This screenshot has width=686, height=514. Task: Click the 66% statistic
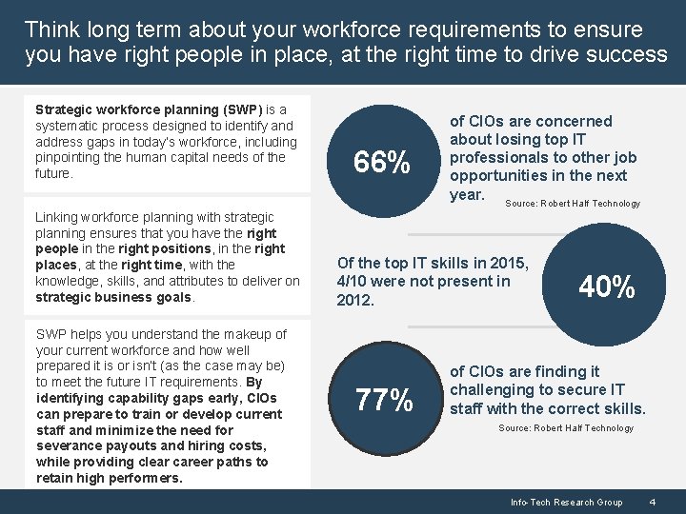point(382,164)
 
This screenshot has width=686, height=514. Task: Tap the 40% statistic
point(607,287)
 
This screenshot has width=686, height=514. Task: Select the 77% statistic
point(384,401)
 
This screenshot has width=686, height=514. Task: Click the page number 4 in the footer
point(652,502)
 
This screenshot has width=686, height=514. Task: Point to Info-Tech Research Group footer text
point(566,502)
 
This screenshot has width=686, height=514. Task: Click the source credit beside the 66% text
point(573,204)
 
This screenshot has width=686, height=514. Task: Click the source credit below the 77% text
point(566,428)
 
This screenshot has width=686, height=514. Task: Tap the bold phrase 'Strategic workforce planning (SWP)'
point(151,109)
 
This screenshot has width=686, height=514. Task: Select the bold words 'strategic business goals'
point(113,297)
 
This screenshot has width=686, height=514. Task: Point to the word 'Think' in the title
point(50,30)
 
